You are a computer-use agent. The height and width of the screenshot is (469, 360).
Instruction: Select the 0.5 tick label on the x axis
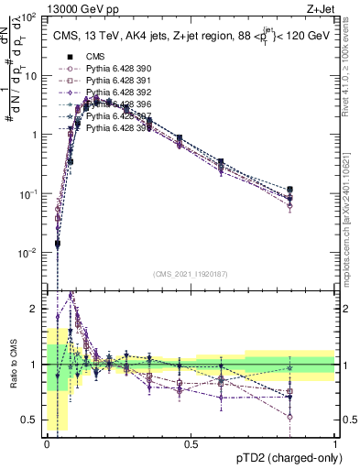point(191,443)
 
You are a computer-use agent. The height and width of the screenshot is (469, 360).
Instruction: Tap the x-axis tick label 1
point(335,443)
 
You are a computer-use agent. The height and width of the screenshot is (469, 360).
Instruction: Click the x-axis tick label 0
point(47,443)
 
